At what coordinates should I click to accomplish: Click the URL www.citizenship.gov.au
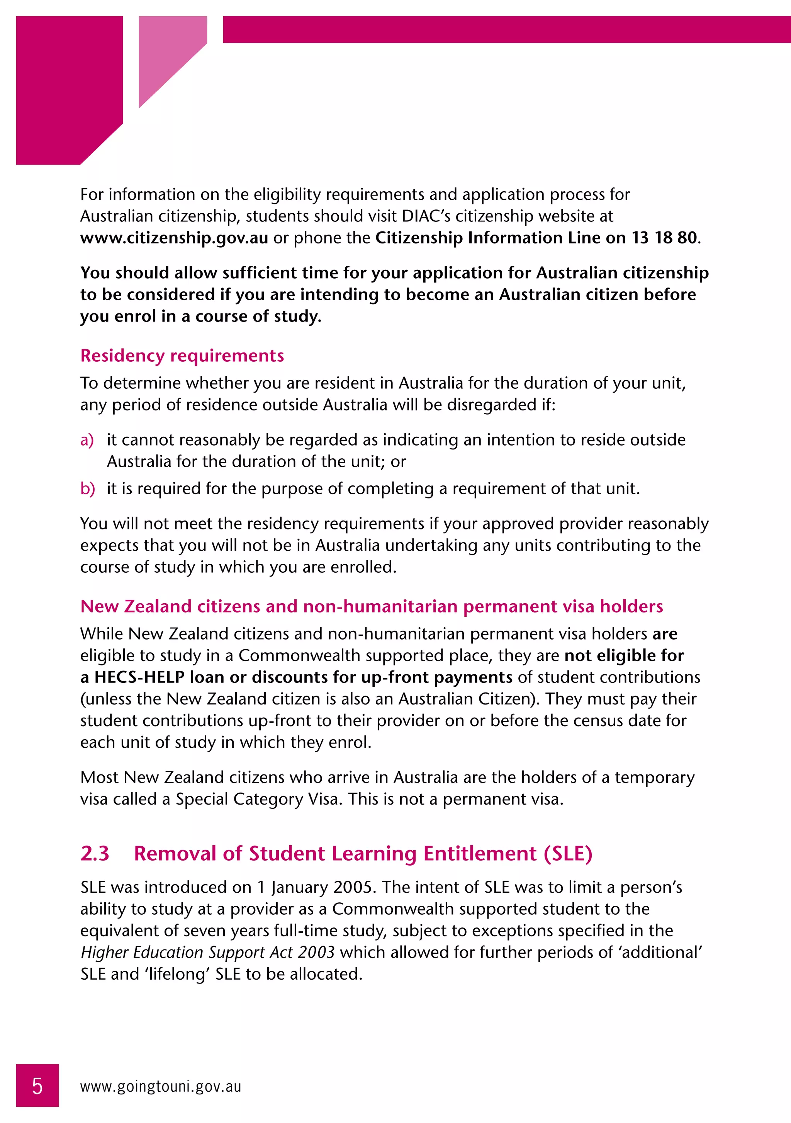(174, 238)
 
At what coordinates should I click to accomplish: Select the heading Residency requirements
(182, 356)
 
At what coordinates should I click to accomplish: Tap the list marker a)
(87, 440)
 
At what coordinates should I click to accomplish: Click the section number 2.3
(95, 853)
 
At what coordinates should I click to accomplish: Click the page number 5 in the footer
(37, 1086)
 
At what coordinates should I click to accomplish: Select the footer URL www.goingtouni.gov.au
(161, 1086)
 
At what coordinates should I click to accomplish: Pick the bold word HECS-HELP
(139, 677)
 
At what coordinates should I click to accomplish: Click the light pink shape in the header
(166, 54)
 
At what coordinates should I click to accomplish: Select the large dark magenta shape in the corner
(68, 88)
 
